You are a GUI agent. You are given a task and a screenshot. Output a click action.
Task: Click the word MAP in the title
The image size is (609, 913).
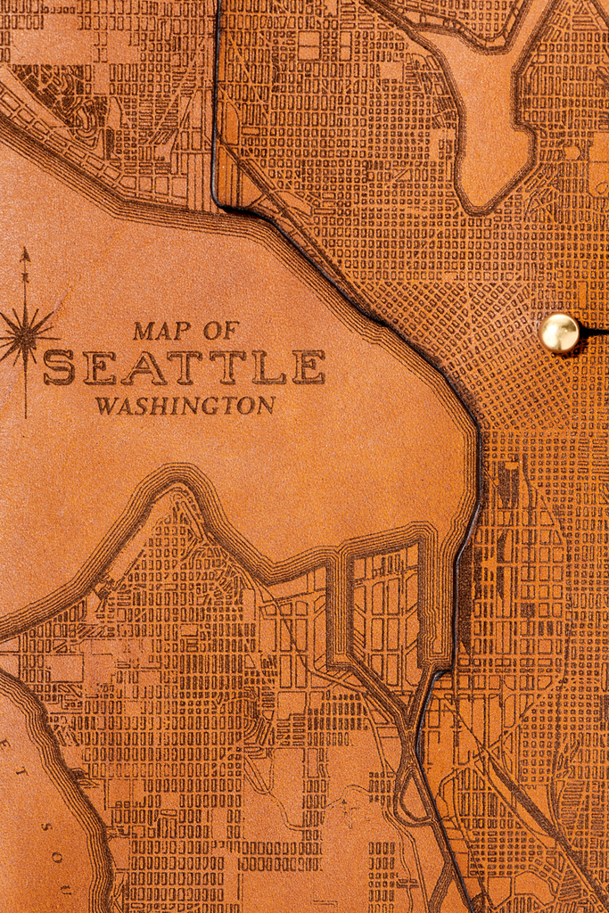click(161, 331)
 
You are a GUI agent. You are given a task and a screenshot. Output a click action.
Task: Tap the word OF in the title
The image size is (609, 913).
click(220, 331)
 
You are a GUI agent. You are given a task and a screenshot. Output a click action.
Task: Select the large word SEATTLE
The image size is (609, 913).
click(184, 367)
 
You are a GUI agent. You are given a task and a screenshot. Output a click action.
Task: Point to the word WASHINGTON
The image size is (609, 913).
click(185, 406)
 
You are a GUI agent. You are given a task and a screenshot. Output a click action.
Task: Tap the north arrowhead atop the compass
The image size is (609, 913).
click(25, 254)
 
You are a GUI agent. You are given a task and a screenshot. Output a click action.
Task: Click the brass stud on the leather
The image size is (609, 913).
click(559, 333)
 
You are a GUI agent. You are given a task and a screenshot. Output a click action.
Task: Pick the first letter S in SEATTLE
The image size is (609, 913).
click(59, 367)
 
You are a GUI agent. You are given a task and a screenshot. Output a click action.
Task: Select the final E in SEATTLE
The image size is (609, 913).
click(308, 367)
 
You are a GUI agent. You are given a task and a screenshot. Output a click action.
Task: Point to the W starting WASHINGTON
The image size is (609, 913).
click(107, 406)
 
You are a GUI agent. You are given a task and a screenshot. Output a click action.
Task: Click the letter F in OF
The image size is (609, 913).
click(231, 331)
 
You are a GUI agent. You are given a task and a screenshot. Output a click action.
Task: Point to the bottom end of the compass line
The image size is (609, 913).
click(25, 415)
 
